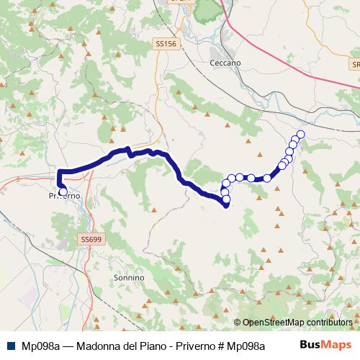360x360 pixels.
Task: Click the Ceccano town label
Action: [225, 63]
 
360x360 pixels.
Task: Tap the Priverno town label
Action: [63, 197]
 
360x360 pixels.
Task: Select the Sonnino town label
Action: [130, 277]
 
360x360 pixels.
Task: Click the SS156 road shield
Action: [165, 44]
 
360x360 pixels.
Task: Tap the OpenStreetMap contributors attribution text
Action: [297, 323]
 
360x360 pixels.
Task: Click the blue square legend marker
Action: [12, 345]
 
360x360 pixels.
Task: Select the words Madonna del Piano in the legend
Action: [112, 345]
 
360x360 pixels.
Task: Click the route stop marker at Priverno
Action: [63, 192]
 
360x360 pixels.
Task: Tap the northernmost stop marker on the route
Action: [300, 135]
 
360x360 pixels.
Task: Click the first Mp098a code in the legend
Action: [40, 345]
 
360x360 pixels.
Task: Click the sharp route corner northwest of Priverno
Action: [59, 171]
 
